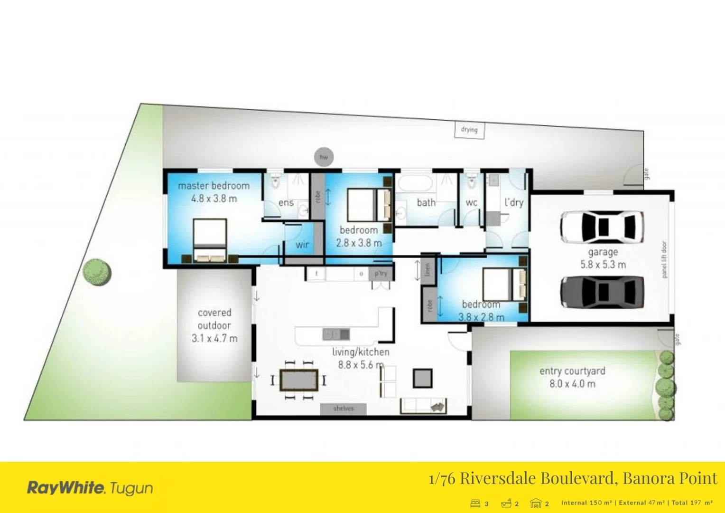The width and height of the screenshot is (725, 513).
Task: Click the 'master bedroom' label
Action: coord(214,186)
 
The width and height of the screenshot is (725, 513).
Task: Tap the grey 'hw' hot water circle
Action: coord(324,157)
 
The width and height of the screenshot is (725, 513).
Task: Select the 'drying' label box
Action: coord(469,130)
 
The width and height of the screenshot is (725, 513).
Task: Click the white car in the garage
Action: coord(602,226)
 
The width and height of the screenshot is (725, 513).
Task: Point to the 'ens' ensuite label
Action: coord(286,203)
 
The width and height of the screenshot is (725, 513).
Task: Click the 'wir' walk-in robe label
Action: coord(302,245)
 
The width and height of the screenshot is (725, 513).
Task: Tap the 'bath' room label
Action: coord(426,203)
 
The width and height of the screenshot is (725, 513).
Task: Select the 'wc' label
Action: coord(471,203)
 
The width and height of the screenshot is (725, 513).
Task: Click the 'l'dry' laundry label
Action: coord(514,202)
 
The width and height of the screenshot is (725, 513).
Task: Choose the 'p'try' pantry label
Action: coord(381,274)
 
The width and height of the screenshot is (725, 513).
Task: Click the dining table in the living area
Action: coord(298,380)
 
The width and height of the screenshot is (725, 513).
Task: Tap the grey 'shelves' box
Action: coord(343,408)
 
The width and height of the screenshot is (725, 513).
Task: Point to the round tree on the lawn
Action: coord(97,272)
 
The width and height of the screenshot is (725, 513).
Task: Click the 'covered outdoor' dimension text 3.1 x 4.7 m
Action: coord(214,338)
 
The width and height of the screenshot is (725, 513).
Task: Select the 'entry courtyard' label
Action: coord(572,371)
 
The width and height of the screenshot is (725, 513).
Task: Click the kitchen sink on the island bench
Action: coord(336,334)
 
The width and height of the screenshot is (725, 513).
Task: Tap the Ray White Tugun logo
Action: coord(90,488)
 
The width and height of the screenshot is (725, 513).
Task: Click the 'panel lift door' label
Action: coord(664,259)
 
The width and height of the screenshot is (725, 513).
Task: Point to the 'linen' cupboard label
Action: coord(428,270)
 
